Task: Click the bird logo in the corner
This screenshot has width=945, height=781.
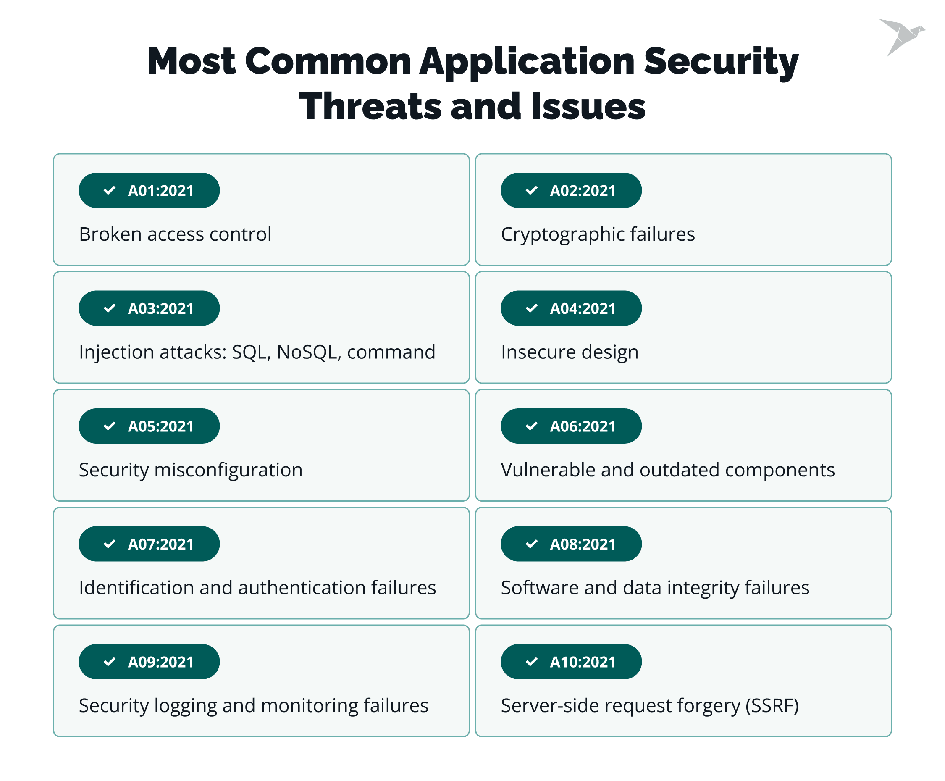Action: click(x=901, y=37)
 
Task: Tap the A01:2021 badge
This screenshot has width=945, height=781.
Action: click(x=149, y=190)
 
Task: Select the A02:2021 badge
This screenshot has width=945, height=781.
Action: click(x=571, y=190)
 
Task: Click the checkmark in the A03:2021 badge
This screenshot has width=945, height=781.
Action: click(x=110, y=308)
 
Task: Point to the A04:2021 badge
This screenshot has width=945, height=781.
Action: click(x=571, y=308)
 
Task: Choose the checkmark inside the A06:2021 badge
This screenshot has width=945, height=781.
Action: click(x=532, y=426)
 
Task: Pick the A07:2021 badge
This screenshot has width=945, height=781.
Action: click(x=149, y=544)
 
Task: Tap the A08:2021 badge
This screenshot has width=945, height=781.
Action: click(x=571, y=544)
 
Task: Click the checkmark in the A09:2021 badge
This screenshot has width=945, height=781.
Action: click(x=110, y=662)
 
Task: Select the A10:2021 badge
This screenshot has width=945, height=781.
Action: click(x=571, y=662)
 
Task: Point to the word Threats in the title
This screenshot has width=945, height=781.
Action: click(x=370, y=107)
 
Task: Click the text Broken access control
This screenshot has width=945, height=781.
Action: click(x=175, y=234)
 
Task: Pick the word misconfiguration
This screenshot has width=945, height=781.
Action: click(x=228, y=471)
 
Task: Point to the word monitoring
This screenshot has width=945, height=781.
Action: click(x=310, y=706)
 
